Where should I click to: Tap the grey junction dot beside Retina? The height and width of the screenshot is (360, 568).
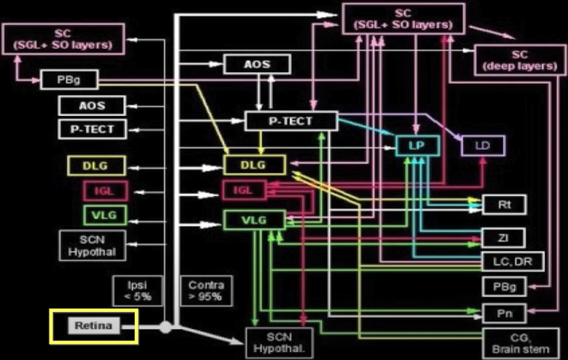pyautogui.click(x=166, y=328)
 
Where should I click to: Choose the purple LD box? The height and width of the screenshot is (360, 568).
pyautogui.click(x=482, y=146)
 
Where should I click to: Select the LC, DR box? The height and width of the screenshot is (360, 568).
pyautogui.click(x=514, y=262)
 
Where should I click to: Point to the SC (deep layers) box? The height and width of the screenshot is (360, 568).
pyautogui.click(x=514, y=58)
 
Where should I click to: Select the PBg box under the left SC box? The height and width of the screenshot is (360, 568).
pyautogui.click(x=69, y=79)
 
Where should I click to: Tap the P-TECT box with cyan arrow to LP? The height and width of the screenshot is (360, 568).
pyautogui.click(x=290, y=122)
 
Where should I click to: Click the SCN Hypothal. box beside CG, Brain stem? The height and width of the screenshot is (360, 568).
pyautogui.click(x=278, y=343)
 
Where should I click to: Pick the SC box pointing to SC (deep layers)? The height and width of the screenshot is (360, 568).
pyautogui.click(x=403, y=19)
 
